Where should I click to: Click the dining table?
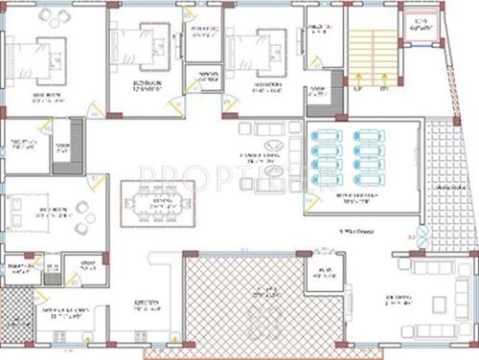pyautogui.click(x=157, y=206)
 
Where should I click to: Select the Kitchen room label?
pyautogui.click(x=146, y=307)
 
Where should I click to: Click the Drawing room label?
pyautogui.click(x=400, y=303)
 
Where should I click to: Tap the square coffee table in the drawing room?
pyautogui.click(x=440, y=305)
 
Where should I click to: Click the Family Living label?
pyautogui.click(x=258, y=158)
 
